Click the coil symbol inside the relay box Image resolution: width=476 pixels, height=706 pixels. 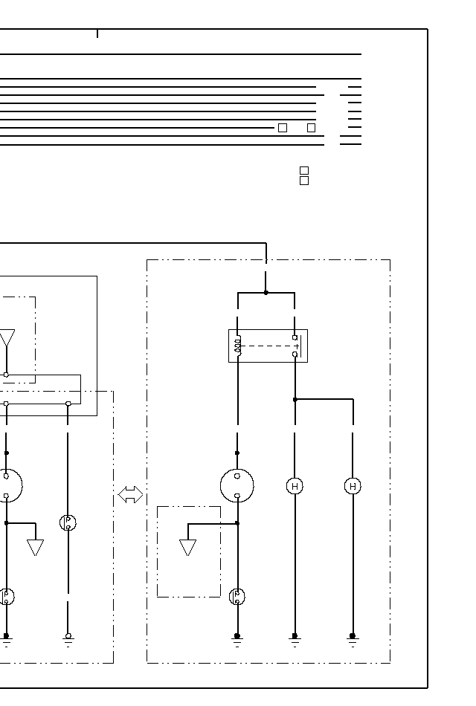pyautogui.click(x=237, y=345)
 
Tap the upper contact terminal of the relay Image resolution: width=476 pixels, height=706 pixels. pyautogui.click(x=295, y=337)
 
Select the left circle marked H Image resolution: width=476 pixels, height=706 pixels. pyautogui.click(x=295, y=486)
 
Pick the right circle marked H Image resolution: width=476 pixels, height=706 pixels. pyautogui.click(x=353, y=486)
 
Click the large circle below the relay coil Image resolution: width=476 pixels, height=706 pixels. pyautogui.click(x=237, y=486)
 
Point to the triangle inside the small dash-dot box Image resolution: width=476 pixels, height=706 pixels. pyautogui.click(x=187, y=547)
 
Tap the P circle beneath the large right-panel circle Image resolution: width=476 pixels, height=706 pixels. pyautogui.click(x=237, y=596)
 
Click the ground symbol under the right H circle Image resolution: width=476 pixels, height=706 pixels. pyautogui.click(x=353, y=639)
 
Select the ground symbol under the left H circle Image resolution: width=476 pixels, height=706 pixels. pyautogui.click(x=295, y=639)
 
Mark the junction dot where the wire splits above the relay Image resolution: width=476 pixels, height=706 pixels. pyautogui.click(x=266, y=293)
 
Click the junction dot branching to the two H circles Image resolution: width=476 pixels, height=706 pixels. pyautogui.click(x=295, y=399)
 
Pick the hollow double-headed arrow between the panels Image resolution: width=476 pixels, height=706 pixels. pyautogui.click(x=130, y=495)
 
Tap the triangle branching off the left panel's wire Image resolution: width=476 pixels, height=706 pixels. pyautogui.click(x=35, y=547)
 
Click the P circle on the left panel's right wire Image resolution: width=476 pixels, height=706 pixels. pyautogui.click(x=68, y=522)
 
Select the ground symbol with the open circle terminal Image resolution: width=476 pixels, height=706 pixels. pyautogui.click(x=68, y=639)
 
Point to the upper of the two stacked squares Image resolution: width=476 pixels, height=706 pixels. pyautogui.click(x=303, y=170)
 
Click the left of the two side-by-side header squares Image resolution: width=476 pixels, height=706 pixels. pyautogui.click(x=283, y=128)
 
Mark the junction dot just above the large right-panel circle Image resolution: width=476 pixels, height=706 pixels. pyautogui.click(x=237, y=453)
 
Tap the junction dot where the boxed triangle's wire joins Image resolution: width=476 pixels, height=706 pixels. pyautogui.click(x=237, y=523)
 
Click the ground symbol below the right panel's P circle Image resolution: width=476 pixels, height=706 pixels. pyautogui.click(x=237, y=639)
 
